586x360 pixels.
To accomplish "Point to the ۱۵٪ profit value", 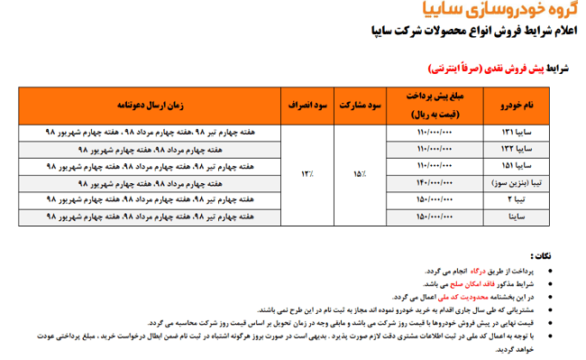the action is tap(360, 173).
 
